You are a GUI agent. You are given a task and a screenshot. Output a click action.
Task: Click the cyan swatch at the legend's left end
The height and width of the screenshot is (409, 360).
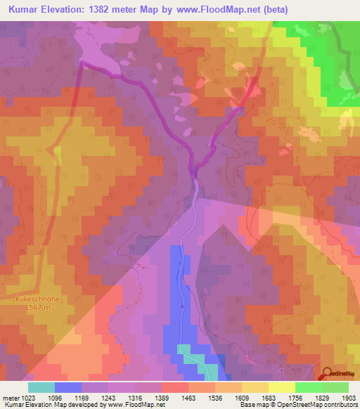tap(41, 387)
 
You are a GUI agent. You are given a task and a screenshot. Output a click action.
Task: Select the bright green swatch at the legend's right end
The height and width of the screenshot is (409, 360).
tap(335, 387)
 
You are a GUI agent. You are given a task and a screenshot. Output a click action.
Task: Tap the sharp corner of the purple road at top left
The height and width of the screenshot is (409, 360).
tap(82, 62)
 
